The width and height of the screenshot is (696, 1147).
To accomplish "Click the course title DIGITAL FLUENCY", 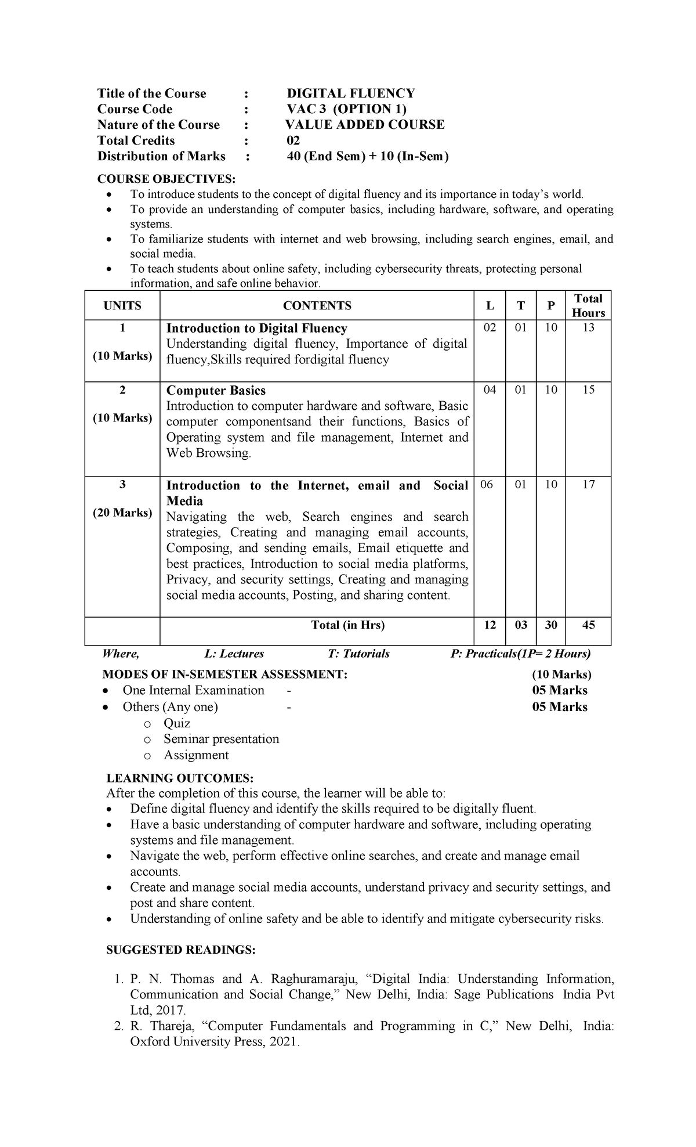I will pyautogui.click(x=351, y=93).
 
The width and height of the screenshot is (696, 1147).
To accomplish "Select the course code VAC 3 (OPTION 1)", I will pyautogui.click(x=346, y=109).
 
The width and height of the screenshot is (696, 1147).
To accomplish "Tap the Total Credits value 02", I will pyautogui.click(x=293, y=140).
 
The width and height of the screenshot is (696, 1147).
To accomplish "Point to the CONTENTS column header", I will pyautogui.click(x=317, y=306).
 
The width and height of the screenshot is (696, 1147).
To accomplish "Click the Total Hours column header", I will pyautogui.click(x=588, y=305).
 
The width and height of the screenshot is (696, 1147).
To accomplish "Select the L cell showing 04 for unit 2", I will pyautogui.click(x=490, y=389).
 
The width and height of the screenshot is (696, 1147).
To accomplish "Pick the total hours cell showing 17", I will pyautogui.click(x=588, y=485).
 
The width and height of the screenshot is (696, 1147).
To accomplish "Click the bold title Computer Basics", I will pyautogui.click(x=216, y=391).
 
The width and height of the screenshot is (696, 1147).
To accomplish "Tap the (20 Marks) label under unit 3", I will pyautogui.click(x=122, y=513).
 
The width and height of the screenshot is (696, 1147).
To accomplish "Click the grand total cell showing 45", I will pyautogui.click(x=588, y=625).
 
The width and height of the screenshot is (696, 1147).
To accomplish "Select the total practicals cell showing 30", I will pyautogui.click(x=551, y=625).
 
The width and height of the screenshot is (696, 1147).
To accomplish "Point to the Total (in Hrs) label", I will pyautogui.click(x=348, y=625).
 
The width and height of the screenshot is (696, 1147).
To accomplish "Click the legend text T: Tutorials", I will pyautogui.click(x=358, y=654).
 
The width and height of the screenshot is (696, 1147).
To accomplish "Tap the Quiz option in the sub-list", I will pyautogui.click(x=177, y=723).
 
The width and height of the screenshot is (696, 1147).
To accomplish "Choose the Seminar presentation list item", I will pyautogui.click(x=221, y=739).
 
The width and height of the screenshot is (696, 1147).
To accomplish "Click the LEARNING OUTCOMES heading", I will pyautogui.click(x=180, y=778).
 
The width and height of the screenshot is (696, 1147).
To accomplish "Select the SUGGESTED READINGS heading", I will pyautogui.click(x=181, y=950).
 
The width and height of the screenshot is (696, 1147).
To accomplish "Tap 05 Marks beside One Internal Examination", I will pyautogui.click(x=560, y=690).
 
